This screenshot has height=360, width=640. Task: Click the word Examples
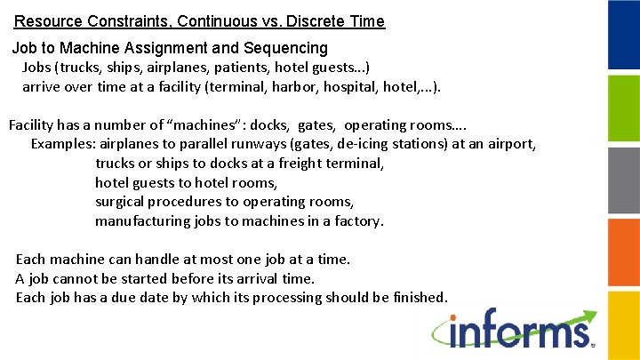63,143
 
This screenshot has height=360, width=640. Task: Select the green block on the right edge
624,108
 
